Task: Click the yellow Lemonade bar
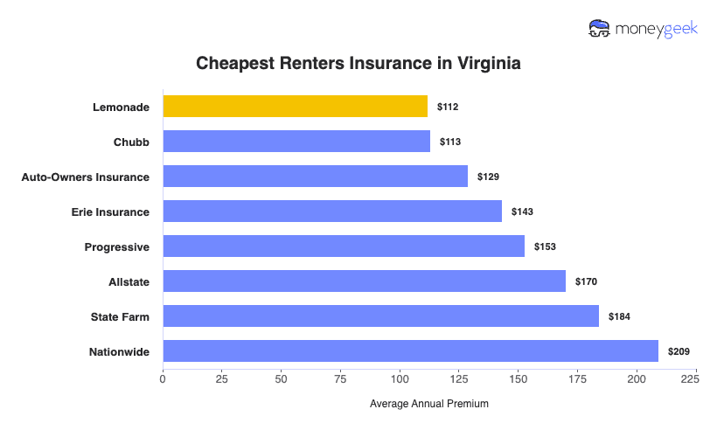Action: pyautogui.click(x=295, y=107)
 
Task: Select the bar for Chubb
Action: pyautogui.click(x=296, y=142)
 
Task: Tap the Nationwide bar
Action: pyautogui.click(x=410, y=351)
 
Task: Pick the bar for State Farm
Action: pyautogui.click(x=380, y=316)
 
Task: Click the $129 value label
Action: pyautogui.click(x=488, y=177)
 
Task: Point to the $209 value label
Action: pyautogui.click(x=679, y=351)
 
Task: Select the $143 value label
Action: pyautogui.click(x=522, y=212)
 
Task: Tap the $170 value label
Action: pyautogui.click(x=586, y=281)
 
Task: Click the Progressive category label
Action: pyautogui.click(x=116, y=246)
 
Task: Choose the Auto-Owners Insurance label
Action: pyautogui.click(x=85, y=177)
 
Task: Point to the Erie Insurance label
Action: pyautogui.click(x=110, y=212)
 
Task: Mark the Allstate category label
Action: pyautogui.click(x=128, y=281)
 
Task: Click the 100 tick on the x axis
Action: pyautogui.click(x=400, y=380)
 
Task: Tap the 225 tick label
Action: pyautogui.click(x=689, y=380)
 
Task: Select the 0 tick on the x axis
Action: pyautogui.click(x=163, y=380)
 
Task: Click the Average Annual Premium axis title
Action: pyautogui.click(x=428, y=404)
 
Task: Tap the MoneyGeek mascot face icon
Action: pyautogui.click(x=600, y=29)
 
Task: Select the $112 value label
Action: pyautogui.click(x=448, y=107)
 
